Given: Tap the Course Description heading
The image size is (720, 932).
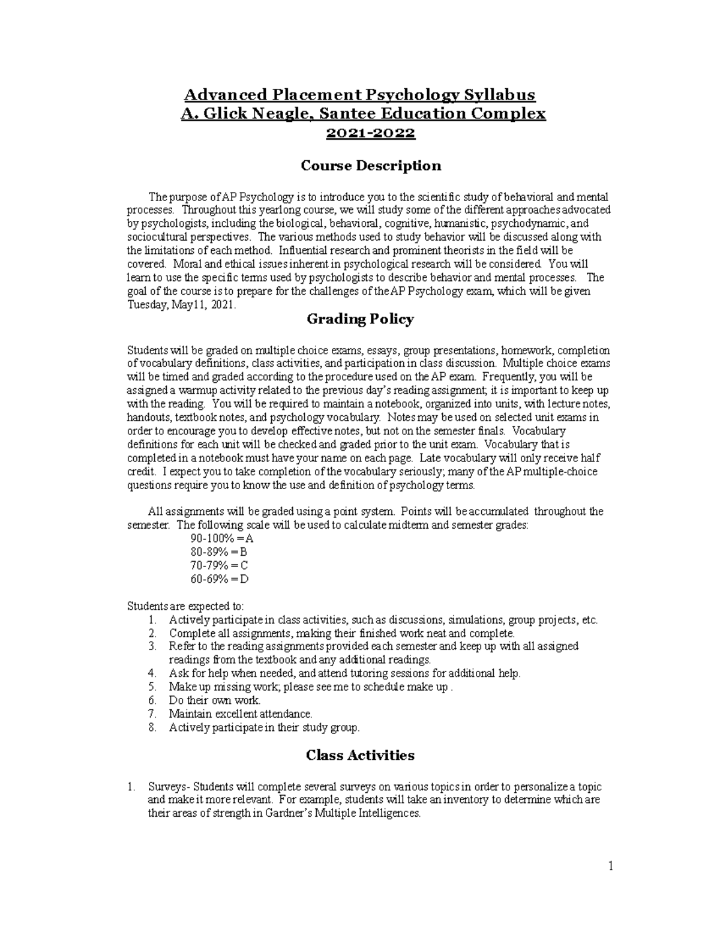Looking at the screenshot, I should pos(370,166).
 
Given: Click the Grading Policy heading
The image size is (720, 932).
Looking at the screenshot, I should pos(360,319).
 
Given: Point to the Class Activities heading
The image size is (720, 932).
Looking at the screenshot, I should pos(360,755).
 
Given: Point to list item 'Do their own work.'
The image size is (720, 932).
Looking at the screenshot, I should pos(215,700).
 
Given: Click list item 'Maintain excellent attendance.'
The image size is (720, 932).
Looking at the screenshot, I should pos(241,714).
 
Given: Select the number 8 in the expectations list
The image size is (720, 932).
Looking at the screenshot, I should pos(152,728).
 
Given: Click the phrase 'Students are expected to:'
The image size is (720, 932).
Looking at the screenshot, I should pos(185,606).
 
